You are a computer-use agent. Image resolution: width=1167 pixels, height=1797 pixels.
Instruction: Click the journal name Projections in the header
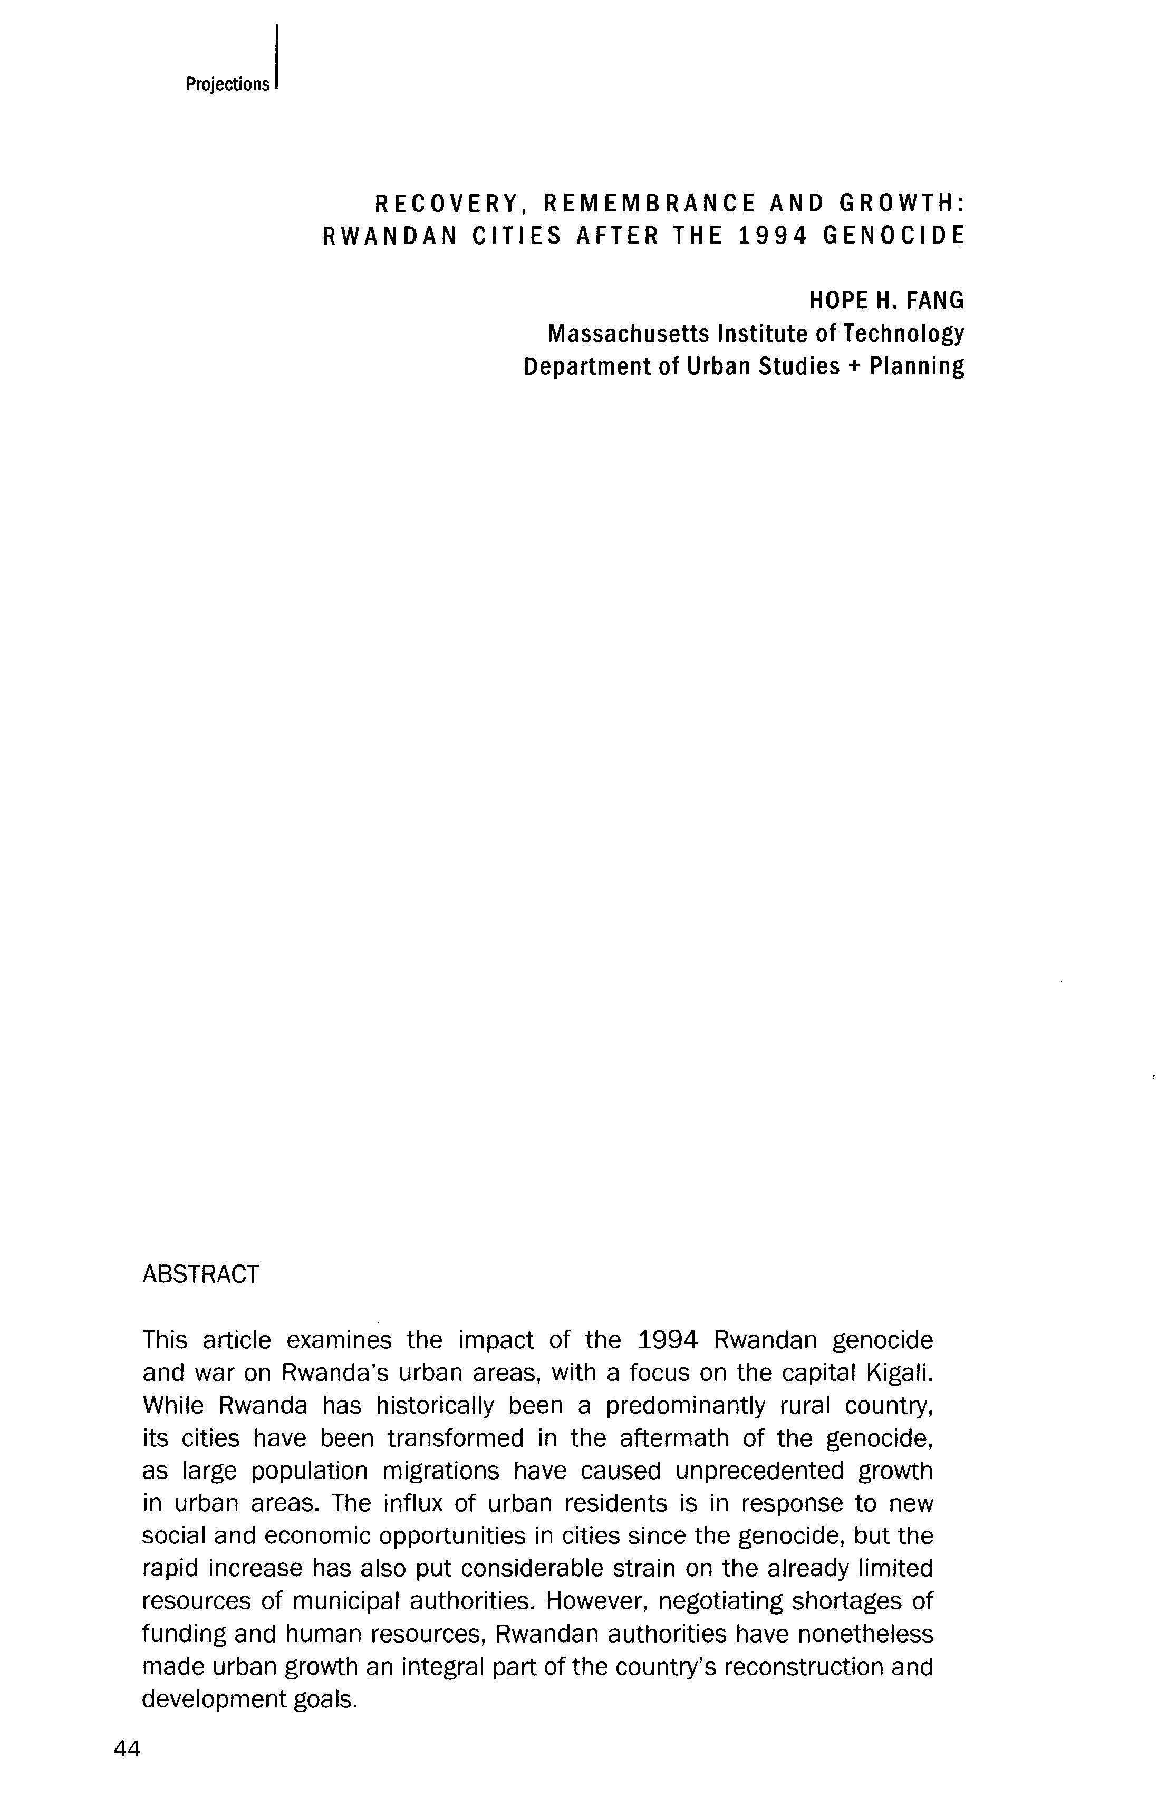(x=227, y=84)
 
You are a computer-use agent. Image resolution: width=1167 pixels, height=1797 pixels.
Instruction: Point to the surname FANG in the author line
(x=934, y=301)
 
